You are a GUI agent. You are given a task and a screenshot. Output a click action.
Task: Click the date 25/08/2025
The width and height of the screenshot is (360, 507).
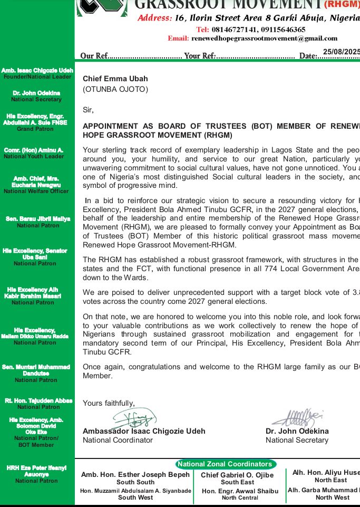click(341, 52)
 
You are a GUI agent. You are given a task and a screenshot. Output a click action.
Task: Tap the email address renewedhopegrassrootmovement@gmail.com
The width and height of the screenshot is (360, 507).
click(264, 39)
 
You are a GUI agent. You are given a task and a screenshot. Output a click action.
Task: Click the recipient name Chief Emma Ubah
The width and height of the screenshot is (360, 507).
click(115, 79)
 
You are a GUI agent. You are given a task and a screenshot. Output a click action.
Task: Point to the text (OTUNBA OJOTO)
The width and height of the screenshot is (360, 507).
click(115, 89)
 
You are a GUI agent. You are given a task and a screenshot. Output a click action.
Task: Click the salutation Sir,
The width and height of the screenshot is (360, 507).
click(88, 110)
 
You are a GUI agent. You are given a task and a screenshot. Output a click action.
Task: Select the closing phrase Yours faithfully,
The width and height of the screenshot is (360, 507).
click(109, 403)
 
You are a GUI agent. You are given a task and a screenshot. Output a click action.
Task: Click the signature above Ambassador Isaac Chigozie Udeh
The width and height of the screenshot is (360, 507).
click(134, 419)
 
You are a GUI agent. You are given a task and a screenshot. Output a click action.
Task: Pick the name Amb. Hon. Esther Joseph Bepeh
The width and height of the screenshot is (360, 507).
click(135, 475)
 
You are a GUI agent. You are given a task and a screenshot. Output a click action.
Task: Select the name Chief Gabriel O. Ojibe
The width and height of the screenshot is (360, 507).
click(237, 475)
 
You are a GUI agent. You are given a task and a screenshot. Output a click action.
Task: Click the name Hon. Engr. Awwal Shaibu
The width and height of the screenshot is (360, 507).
click(240, 491)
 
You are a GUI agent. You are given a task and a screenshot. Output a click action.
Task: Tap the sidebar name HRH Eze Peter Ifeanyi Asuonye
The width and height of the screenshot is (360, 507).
click(36, 471)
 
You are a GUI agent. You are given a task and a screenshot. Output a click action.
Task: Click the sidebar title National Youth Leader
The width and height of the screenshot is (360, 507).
click(34, 157)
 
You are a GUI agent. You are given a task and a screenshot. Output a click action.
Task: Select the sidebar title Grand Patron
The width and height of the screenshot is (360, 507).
click(35, 129)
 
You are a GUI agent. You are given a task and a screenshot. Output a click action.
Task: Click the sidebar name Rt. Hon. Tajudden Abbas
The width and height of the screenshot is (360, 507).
click(38, 401)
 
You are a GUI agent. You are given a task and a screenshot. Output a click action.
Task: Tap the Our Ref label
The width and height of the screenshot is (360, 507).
click(95, 56)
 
